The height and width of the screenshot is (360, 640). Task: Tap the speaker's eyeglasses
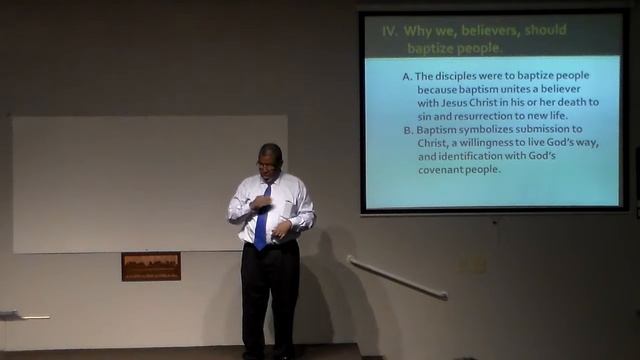pyautogui.click(x=266, y=163)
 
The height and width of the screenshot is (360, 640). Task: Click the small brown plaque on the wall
pyautogui.click(x=151, y=266)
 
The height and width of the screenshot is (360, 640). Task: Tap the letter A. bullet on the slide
pyautogui.click(x=407, y=76)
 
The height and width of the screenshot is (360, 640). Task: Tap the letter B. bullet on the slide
pyautogui.click(x=407, y=129)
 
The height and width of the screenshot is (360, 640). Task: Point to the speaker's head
pyautogui.click(x=269, y=157)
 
